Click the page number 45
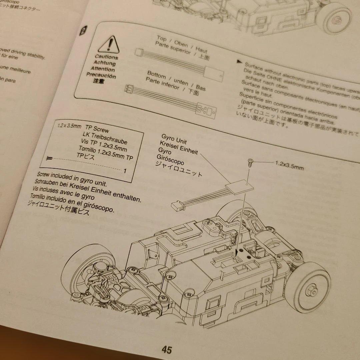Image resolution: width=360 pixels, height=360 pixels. [167, 350]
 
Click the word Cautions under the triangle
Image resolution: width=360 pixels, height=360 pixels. [106, 57]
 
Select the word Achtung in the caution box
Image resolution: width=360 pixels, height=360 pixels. [105, 63]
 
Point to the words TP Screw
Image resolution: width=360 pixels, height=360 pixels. [97, 129]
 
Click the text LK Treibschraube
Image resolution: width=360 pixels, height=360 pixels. [105, 138]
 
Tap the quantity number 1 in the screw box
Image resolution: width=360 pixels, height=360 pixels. [125, 171]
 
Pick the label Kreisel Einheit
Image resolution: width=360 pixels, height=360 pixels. [179, 148]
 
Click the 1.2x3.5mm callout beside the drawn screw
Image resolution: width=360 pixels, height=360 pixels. [289, 166]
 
